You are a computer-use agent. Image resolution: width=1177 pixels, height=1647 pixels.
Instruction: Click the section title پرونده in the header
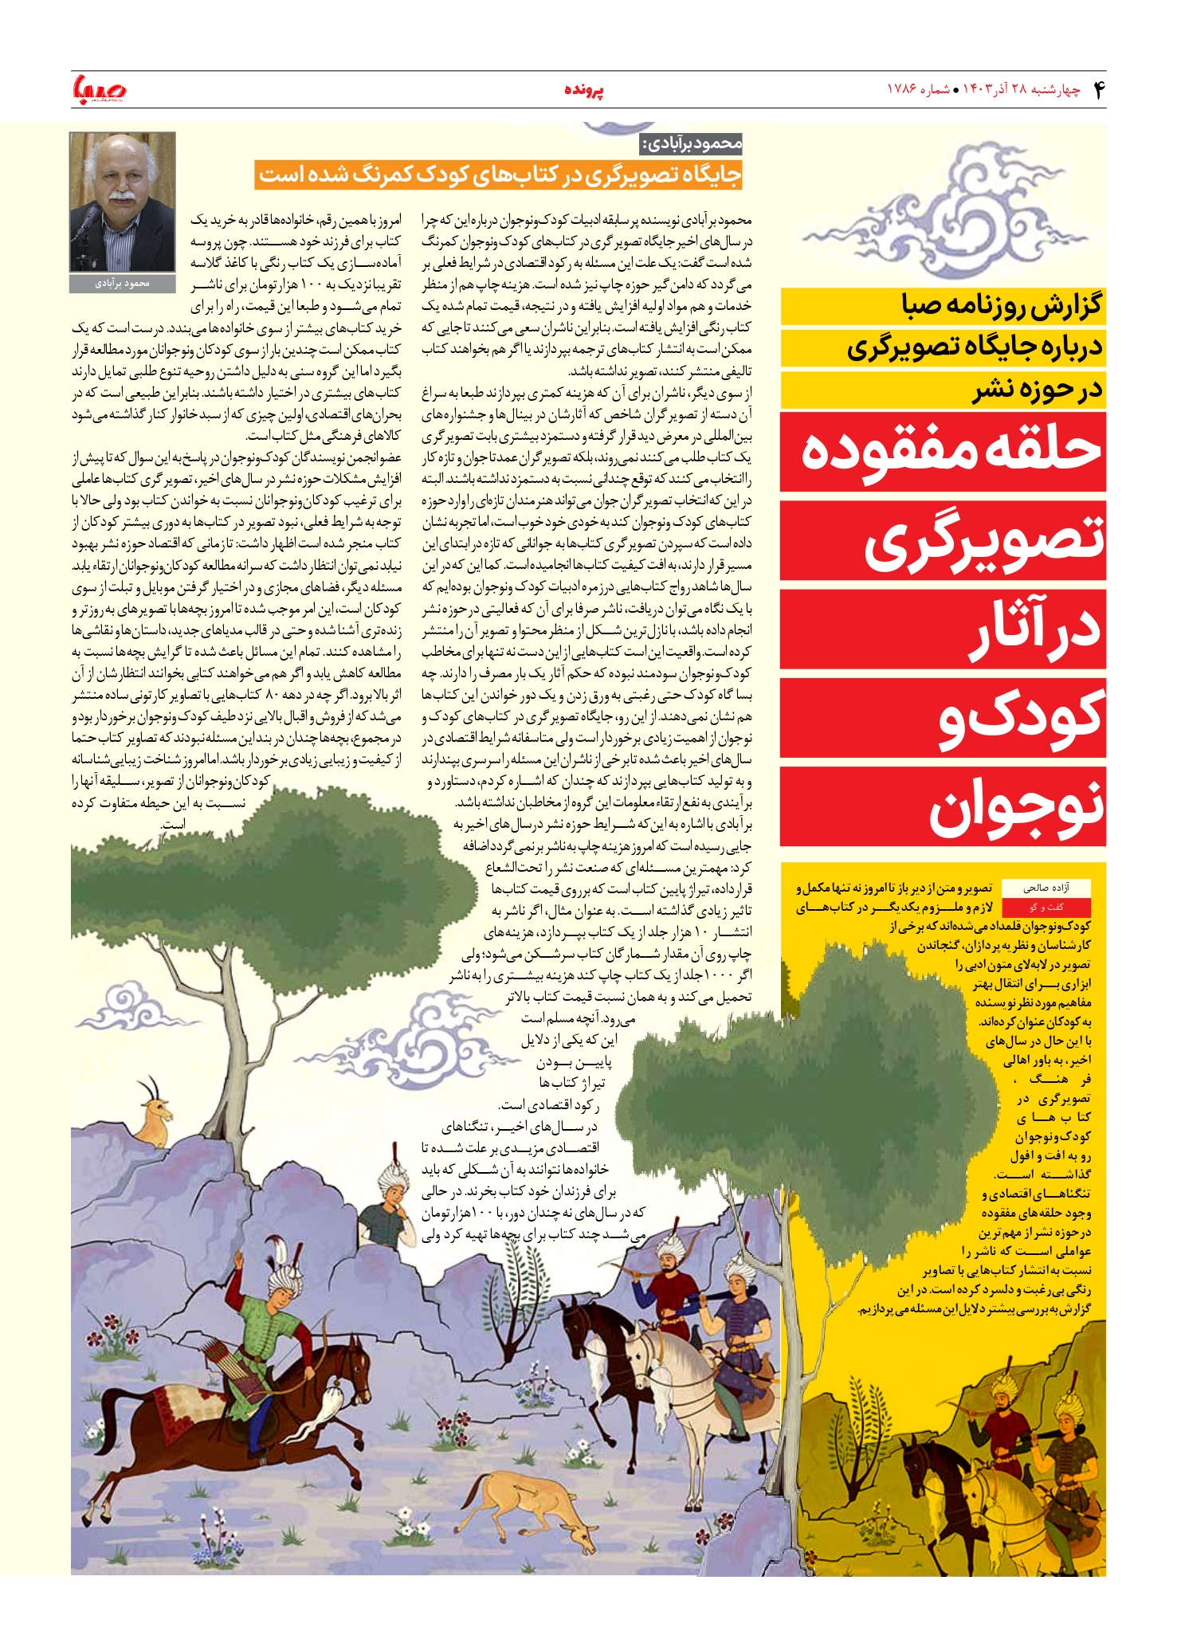[584, 90]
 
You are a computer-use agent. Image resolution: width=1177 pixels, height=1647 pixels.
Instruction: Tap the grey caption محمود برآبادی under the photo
[123, 284]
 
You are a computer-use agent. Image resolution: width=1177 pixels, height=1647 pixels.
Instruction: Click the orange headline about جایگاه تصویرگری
[500, 175]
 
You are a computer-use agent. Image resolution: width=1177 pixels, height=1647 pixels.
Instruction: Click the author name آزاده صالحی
[1046, 888]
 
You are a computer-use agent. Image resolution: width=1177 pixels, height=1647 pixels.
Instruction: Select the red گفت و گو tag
[1046, 908]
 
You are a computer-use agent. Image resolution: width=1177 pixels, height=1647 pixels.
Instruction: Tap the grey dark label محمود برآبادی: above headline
[692, 144]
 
